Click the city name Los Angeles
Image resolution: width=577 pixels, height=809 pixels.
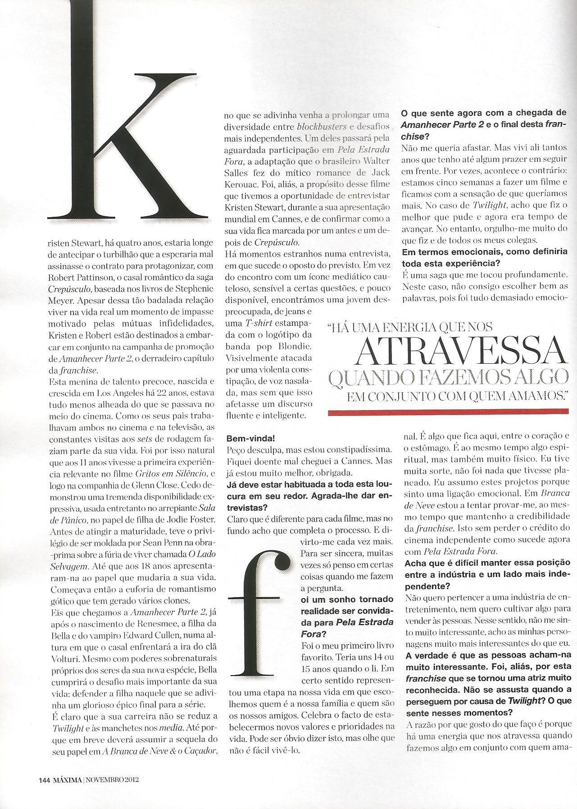[109, 393]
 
